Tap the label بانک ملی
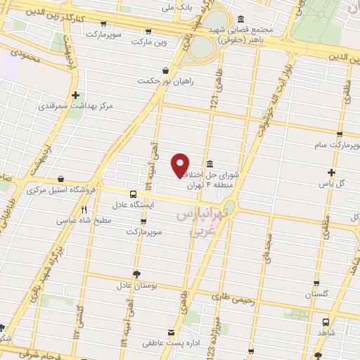point(177,9)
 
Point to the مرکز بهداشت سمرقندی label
point(86,106)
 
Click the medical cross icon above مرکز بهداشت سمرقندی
point(75,95)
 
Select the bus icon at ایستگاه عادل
point(133,194)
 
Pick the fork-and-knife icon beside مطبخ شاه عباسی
point(84,209)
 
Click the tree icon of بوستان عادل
point(136,275)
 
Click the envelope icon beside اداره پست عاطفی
point(171,332)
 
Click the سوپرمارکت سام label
point(336,145)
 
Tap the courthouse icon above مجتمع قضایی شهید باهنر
point(240,20)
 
